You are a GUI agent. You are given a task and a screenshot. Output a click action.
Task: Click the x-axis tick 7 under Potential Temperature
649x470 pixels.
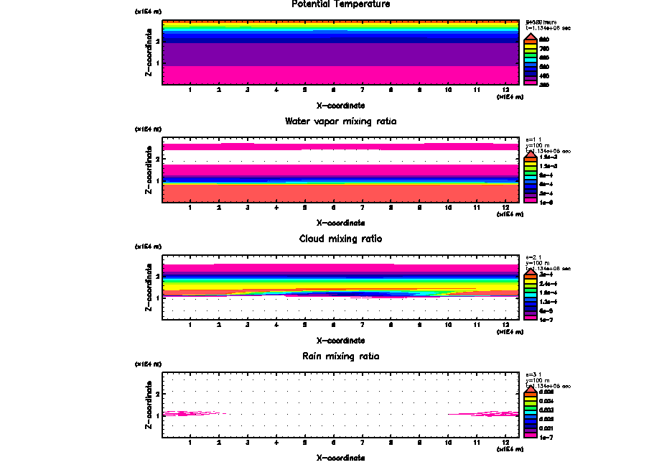[362, 90]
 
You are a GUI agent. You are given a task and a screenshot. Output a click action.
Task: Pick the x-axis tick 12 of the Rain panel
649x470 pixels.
[505, 442]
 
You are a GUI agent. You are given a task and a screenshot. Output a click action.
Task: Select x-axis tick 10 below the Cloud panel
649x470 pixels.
[448, 325]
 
